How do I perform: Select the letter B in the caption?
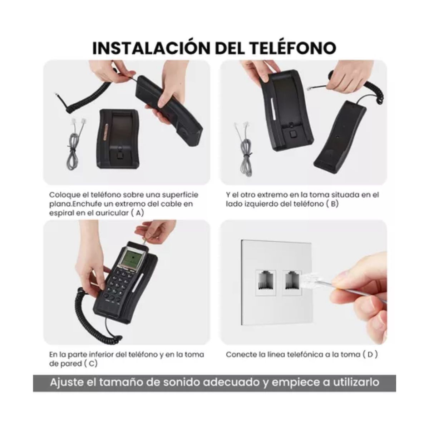tap(333, 204)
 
